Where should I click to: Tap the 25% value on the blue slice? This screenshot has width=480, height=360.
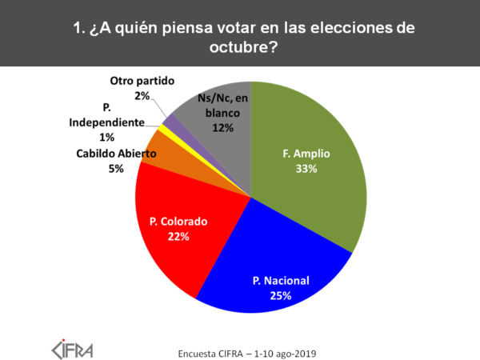(280, 295)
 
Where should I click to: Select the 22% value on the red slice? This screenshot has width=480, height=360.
(178, 236)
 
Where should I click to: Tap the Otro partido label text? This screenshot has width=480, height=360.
(142, 82)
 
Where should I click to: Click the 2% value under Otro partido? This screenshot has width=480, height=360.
(142, 96)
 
